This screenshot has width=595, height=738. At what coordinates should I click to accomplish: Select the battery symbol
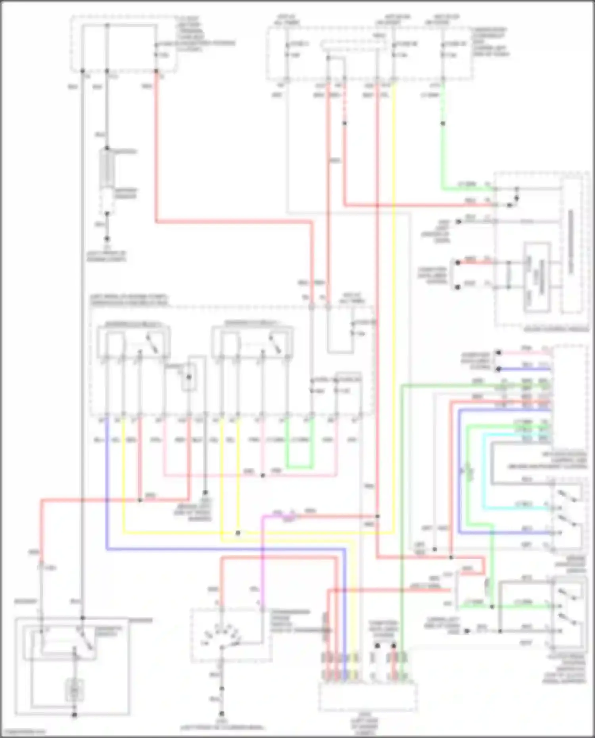pyautogui.click(x=107, y=169)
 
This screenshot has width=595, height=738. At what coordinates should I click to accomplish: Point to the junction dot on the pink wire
pyautogui.click(x=263, y=475)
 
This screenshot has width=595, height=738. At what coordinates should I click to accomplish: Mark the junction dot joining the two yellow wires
pyautogui.click(x=238, y=533)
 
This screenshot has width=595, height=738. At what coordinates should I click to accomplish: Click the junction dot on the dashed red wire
pyautogui.click(x=344, y=123)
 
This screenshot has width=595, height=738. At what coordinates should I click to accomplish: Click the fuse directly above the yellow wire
pyautogui.click(x=394, y=50)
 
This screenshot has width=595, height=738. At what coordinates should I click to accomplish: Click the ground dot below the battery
pyautogui.click(x=107, y=239)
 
